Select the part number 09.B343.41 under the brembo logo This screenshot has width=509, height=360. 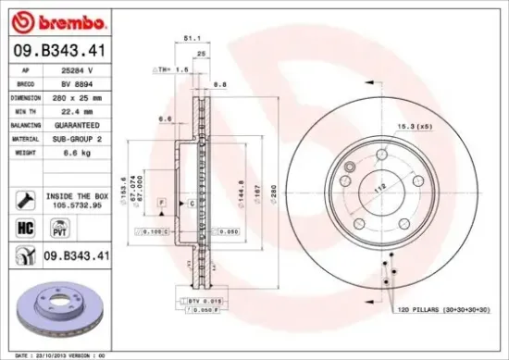[x=55, y=52]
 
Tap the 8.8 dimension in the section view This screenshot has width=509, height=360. [x=221, y=84]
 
